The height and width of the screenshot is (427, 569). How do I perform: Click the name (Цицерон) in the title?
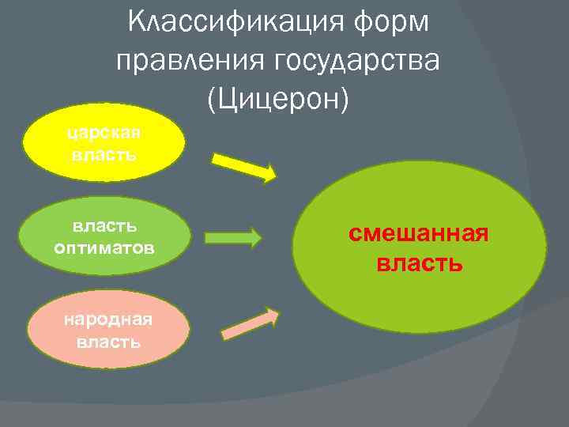coord(277,98)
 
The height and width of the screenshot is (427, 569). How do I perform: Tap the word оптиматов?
coord(104,248)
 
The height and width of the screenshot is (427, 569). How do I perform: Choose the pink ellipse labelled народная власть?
coord(108,330)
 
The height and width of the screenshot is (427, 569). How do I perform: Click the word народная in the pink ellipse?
coord(108,319)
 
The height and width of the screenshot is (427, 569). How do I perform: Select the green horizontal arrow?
coord(233,237)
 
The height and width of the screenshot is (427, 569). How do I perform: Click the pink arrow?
coord(250,325)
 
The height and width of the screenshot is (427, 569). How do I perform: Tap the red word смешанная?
coord(420,234)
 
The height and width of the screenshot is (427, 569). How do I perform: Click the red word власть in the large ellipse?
coord(420,262)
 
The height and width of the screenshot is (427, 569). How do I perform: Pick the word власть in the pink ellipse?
coord(108,342)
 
